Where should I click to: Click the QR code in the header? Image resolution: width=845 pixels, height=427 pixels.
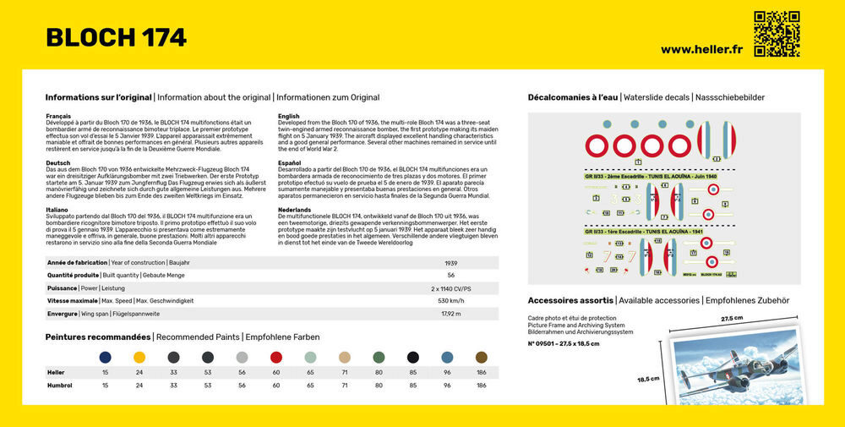coord(776,34)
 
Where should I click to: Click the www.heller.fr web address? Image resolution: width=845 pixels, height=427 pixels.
coord(701,49)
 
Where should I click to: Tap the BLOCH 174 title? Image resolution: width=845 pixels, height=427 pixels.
coord(117,37)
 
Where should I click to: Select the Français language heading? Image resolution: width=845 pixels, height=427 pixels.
coord(58,116)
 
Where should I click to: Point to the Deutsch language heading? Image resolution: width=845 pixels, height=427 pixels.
coord(58,163)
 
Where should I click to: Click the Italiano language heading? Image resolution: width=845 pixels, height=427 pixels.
coord(57,209)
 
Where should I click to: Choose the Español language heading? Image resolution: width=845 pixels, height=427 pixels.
coord(290,163)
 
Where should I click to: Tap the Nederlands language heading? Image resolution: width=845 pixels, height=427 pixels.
coord(294,209)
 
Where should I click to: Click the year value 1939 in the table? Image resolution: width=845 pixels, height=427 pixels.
coord(451,263)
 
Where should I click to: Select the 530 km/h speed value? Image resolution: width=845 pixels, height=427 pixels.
coord(451,301)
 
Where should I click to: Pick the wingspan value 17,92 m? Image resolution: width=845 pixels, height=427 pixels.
coord(451,314)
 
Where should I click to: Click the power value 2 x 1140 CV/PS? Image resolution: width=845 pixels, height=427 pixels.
coord(451,288)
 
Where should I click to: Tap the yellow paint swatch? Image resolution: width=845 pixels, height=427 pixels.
coord(139,357)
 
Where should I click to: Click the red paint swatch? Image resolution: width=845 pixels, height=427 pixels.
coord(275,357)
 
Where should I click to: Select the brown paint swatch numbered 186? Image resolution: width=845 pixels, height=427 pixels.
coord(481,357)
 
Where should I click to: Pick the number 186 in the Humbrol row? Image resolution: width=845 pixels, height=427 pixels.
coord(481,386)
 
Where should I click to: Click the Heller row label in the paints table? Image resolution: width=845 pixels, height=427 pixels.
coord(55,372)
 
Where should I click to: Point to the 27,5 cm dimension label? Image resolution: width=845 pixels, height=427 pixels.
coord(732,319)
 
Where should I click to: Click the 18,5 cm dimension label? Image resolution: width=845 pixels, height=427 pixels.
coord(649,379)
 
